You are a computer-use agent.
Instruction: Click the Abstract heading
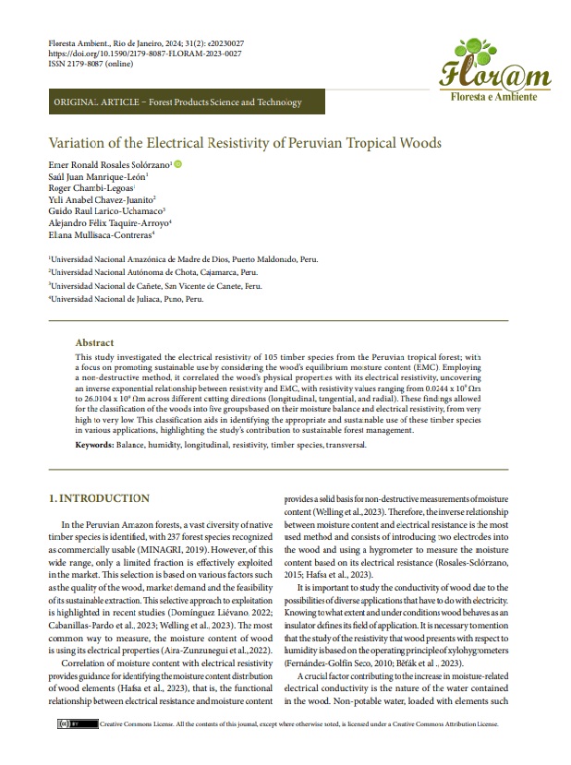click(x=94, y=341)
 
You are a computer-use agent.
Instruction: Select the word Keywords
click(x=94, y=445)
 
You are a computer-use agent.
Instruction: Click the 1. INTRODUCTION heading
click(x=99, y=499)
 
